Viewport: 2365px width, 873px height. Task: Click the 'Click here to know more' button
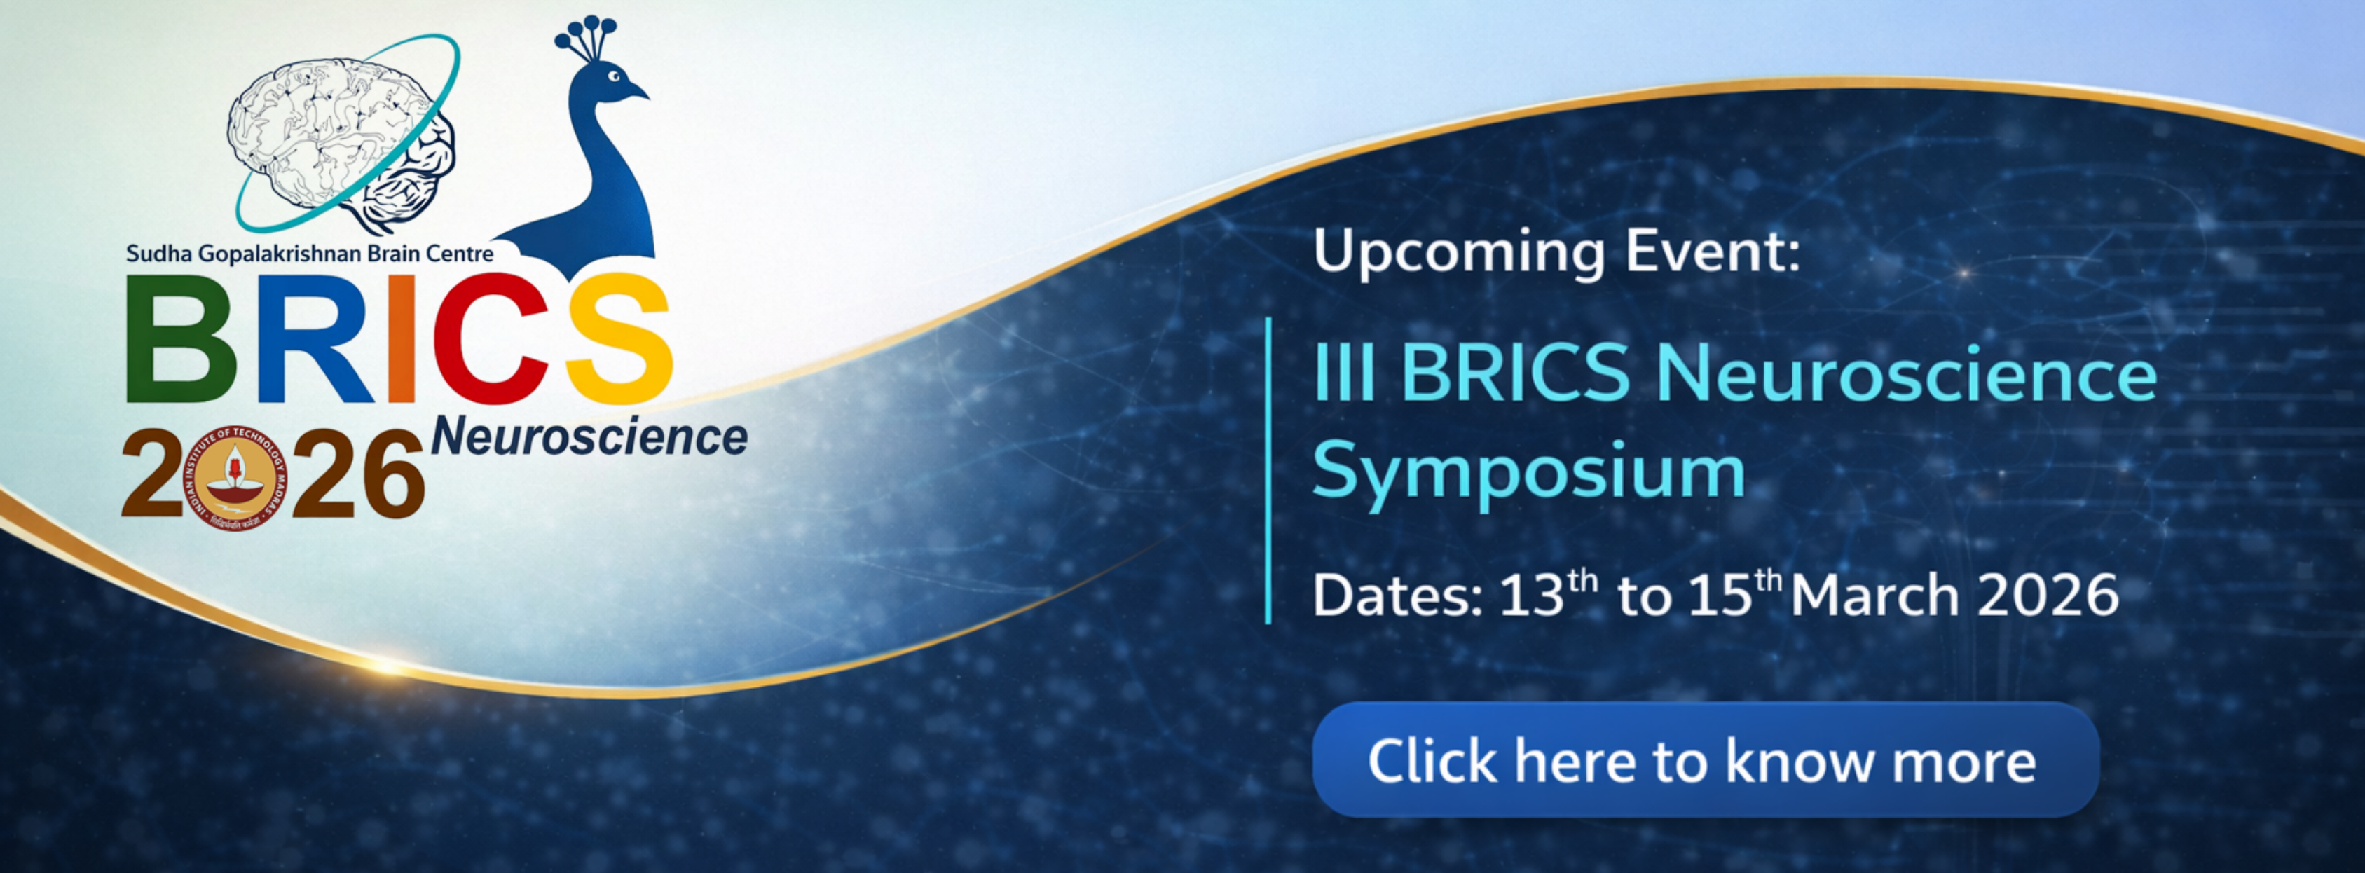(1705, 760)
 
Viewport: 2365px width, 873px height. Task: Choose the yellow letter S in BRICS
(617, 340)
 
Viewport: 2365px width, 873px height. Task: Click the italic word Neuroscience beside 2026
(589, 437)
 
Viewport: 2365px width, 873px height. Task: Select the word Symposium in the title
(1528, 474)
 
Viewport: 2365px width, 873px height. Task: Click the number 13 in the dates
(1530, 595)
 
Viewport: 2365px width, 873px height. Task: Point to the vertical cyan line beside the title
(1269, 470)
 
